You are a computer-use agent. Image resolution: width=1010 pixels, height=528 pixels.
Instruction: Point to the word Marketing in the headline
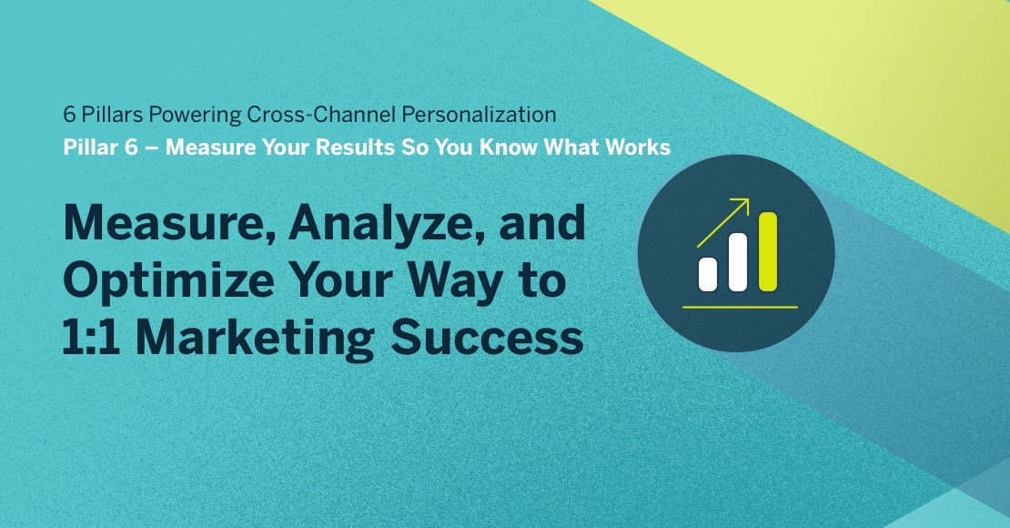pyautogui.click(x=260, y=337)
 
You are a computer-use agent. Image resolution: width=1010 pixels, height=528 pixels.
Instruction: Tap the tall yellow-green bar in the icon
pyautogui.click(x=767, y=251)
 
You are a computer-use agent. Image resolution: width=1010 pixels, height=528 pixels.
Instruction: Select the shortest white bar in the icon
pyautogui.click(x=707, y=273)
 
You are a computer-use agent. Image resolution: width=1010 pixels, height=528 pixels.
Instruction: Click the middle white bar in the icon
pyautogui.click(x=737, y=262)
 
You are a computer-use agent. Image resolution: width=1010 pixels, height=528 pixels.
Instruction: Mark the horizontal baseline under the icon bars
pyautogui.click(x=739, y=307)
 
